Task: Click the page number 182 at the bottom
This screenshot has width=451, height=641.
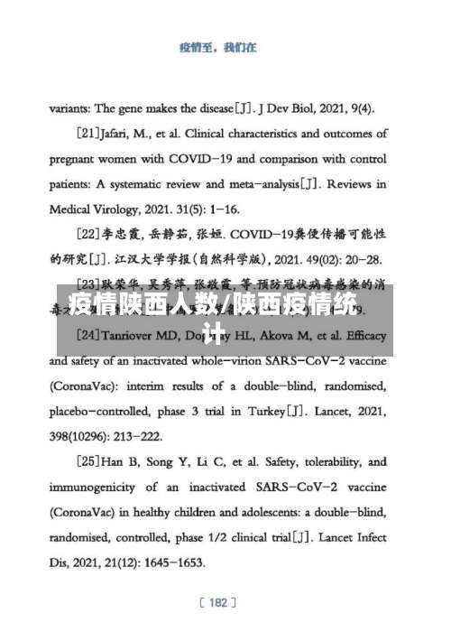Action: [217, 602]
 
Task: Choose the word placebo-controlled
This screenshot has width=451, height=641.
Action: [109, 412]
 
